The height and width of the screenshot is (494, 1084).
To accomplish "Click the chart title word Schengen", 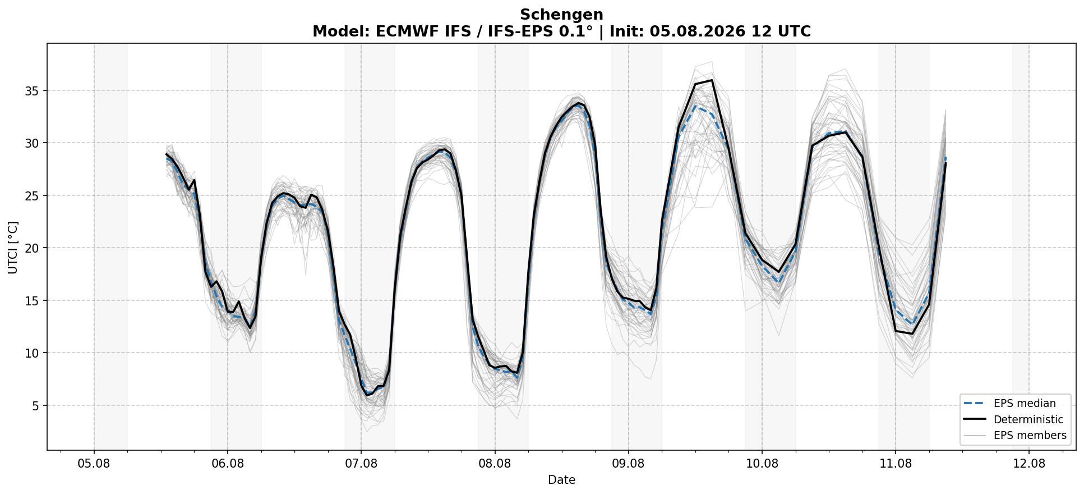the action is (x=561, y=15).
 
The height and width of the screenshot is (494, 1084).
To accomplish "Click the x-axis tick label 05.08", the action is (x=94, y=464).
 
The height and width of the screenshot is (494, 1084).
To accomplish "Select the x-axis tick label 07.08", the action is (x=361, y=464).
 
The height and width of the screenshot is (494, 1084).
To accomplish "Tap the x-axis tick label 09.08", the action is (x=628, y=464).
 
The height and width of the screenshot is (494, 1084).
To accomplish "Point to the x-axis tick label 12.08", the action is (x=1029, y=464).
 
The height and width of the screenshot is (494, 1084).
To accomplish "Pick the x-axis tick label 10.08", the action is (x=762, y=464).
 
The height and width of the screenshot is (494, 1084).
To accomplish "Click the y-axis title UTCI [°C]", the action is (x=13, y=248).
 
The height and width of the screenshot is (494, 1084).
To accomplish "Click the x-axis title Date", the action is (x=561, y=480).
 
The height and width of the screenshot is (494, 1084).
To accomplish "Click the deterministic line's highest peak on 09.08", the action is (x=712, y=80).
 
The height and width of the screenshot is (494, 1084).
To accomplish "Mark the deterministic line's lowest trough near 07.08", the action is (x=367, y=396).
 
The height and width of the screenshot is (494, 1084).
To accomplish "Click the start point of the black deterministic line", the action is (x=167, y=154).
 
